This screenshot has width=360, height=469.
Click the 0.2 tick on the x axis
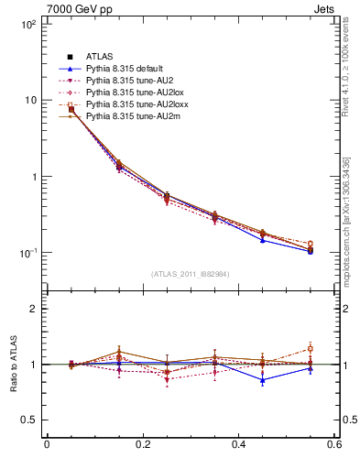pos(143,445)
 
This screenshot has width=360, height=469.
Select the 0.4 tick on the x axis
pos(238,445)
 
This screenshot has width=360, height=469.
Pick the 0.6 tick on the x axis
pos(333,445)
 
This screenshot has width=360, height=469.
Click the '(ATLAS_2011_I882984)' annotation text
pos(191,274)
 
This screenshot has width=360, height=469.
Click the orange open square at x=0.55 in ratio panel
pos(311,349)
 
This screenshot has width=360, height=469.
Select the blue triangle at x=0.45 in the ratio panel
pos(263,379)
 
